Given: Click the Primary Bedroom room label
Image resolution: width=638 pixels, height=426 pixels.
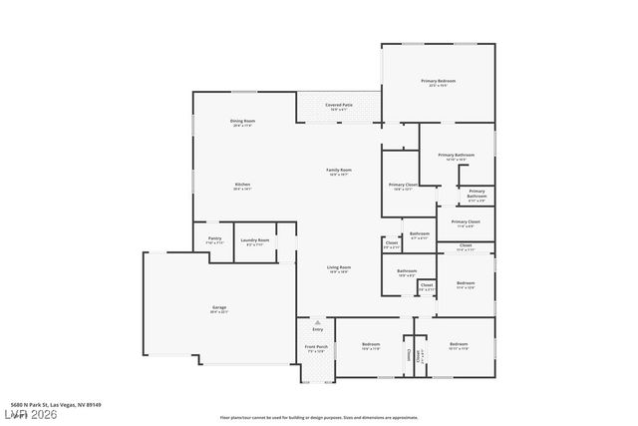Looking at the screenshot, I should point(438,84).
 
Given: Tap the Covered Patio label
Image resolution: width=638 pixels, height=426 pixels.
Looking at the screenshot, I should point(339,106).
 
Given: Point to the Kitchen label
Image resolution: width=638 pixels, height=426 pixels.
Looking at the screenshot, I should point(242,186).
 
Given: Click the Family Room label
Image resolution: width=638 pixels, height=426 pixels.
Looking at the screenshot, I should point(339,172).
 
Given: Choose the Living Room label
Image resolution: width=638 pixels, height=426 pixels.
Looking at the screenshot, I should point(339,268).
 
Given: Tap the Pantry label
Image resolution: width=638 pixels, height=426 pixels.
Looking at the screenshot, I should point(214,239).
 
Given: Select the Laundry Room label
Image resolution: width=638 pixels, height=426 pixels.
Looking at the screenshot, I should point(254,241).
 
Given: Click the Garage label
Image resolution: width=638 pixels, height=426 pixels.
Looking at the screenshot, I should point(219,308).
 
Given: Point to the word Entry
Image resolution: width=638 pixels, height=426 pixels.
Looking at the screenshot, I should point(318,329).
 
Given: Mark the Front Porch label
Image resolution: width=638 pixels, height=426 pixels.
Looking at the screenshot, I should point(316,349).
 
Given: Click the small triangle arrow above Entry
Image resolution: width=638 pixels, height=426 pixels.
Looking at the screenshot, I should point(318,322).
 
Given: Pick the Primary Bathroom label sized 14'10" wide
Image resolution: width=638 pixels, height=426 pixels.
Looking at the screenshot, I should point(456,157).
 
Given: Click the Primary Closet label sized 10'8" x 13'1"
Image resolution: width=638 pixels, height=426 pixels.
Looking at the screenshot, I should point(403,187).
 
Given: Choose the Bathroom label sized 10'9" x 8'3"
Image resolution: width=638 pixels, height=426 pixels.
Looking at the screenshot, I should point(407,272).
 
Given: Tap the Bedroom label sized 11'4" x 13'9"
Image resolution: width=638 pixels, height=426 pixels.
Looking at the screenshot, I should point(466,285).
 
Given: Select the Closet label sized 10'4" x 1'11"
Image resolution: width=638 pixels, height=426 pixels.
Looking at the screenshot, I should point(466,246).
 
